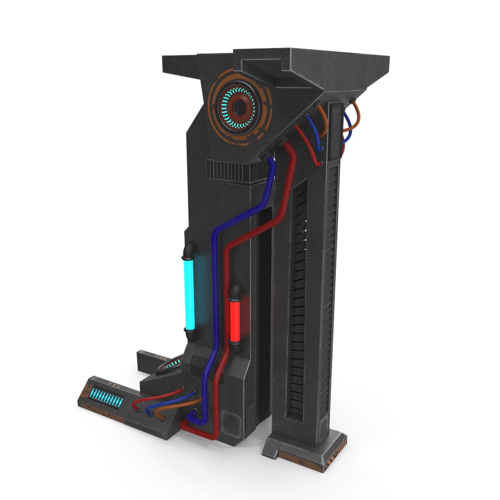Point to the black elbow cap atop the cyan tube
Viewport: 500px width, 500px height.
(188, 252)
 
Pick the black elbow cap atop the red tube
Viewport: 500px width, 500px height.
(236, 292)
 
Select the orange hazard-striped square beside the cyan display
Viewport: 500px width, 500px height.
(85, 393)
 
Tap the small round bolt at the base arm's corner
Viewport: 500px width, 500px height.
(163, 436)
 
